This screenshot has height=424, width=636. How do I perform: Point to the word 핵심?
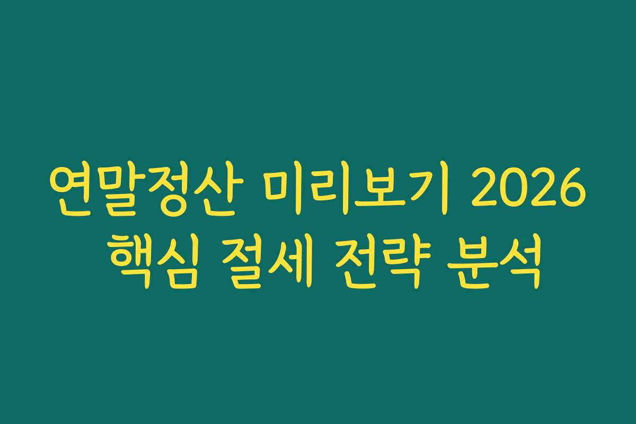point(154,265)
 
